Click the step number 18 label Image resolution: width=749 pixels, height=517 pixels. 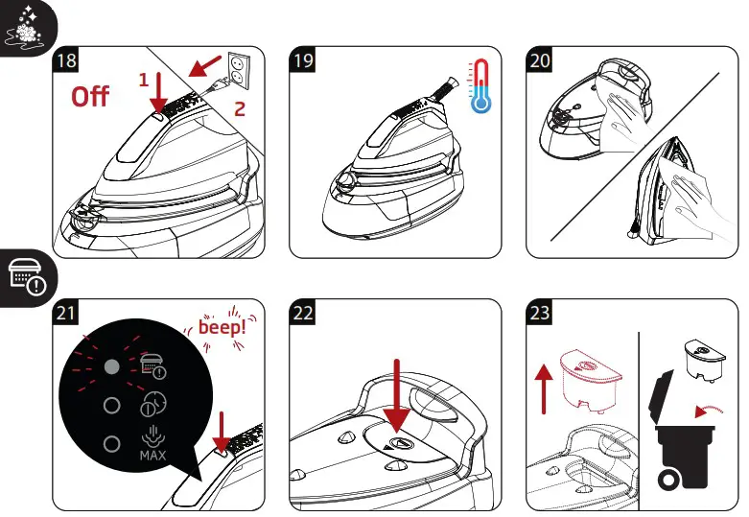click(x=66, y=61)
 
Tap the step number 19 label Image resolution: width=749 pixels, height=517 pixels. click(x=304, y=61)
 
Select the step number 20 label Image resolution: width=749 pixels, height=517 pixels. click(x=541, y=61)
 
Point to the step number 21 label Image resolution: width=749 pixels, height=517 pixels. click(x=66, y=314)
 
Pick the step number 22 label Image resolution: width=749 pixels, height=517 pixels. click(x=304, y=314)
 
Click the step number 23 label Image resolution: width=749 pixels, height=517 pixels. click(x=541, y=314)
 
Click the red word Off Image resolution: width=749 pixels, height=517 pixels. click(x=91, y=97)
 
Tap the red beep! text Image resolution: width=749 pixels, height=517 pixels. click(x=222, y=326)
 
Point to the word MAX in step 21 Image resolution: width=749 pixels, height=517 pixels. click(x=152, y=455)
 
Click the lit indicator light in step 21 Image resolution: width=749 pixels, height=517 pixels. click(x=111, y=365)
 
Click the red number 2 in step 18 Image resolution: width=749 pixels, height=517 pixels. click(x=241, y=108)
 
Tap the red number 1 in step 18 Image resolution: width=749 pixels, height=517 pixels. click(x=143, y=80)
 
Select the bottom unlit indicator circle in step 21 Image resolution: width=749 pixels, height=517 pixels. click(x=111, y=444)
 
